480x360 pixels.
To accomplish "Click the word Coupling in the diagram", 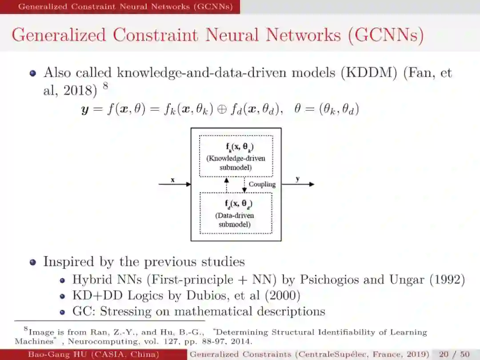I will [262, 184].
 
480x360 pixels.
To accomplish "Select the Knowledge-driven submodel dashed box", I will [236, 156].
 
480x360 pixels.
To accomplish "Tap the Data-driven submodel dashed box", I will [236, 213].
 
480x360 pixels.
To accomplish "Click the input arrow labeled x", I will [175, 184].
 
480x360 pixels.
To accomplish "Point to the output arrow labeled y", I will [298, 184].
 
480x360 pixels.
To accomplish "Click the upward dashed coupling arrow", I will [227, 185].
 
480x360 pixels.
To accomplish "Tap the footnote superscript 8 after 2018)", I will [105, 86].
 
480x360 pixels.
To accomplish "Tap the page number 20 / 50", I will [454, 354].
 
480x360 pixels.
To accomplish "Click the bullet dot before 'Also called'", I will [33, 73].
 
